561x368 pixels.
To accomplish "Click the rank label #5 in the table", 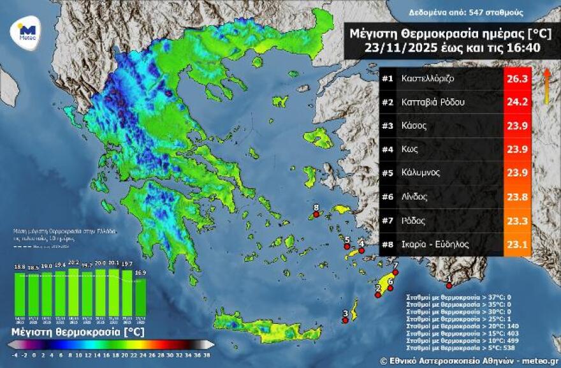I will [388, 173].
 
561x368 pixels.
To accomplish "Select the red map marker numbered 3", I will [345, 320].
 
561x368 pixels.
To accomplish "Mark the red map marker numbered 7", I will [395, 272].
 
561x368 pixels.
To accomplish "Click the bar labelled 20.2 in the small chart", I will [73, 292].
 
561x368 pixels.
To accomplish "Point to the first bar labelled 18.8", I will [20, 295].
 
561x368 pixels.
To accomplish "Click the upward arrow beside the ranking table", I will [546, 85].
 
